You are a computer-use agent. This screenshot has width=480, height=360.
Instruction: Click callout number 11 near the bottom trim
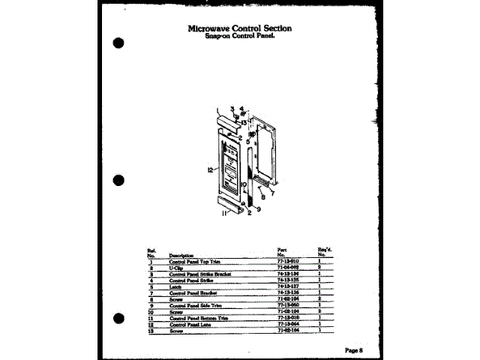[x=224, y=214]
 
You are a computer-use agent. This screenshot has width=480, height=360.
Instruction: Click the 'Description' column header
[x=181, y=255]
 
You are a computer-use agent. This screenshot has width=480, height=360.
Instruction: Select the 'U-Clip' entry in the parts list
[x=176, y=267]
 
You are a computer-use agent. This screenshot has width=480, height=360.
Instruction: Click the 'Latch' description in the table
[x=177, y=286]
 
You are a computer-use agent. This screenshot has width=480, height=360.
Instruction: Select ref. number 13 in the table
[x=151, y=330]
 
